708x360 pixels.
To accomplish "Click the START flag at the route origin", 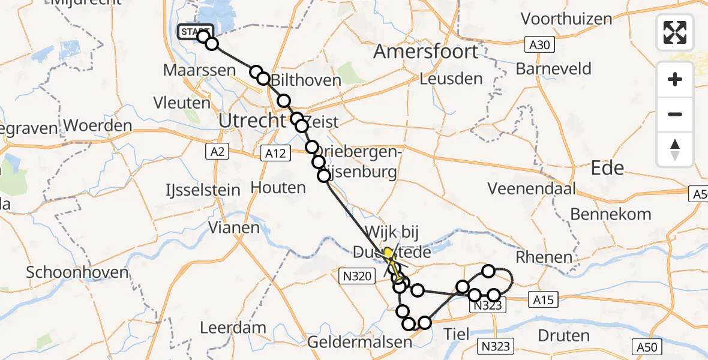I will point(194,31).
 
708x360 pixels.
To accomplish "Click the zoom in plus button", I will point(675,79).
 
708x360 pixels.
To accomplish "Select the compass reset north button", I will point(675,149).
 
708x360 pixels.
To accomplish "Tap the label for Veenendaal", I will point(532,189).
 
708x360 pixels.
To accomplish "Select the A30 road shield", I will point(541,44).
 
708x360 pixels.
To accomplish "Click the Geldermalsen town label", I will point(359,343).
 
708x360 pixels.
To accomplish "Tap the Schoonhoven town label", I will point(77,272).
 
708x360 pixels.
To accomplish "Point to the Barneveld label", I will point(553,68).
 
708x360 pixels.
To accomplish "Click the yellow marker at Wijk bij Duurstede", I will point(388,253).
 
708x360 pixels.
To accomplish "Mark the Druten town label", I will point(563,335).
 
